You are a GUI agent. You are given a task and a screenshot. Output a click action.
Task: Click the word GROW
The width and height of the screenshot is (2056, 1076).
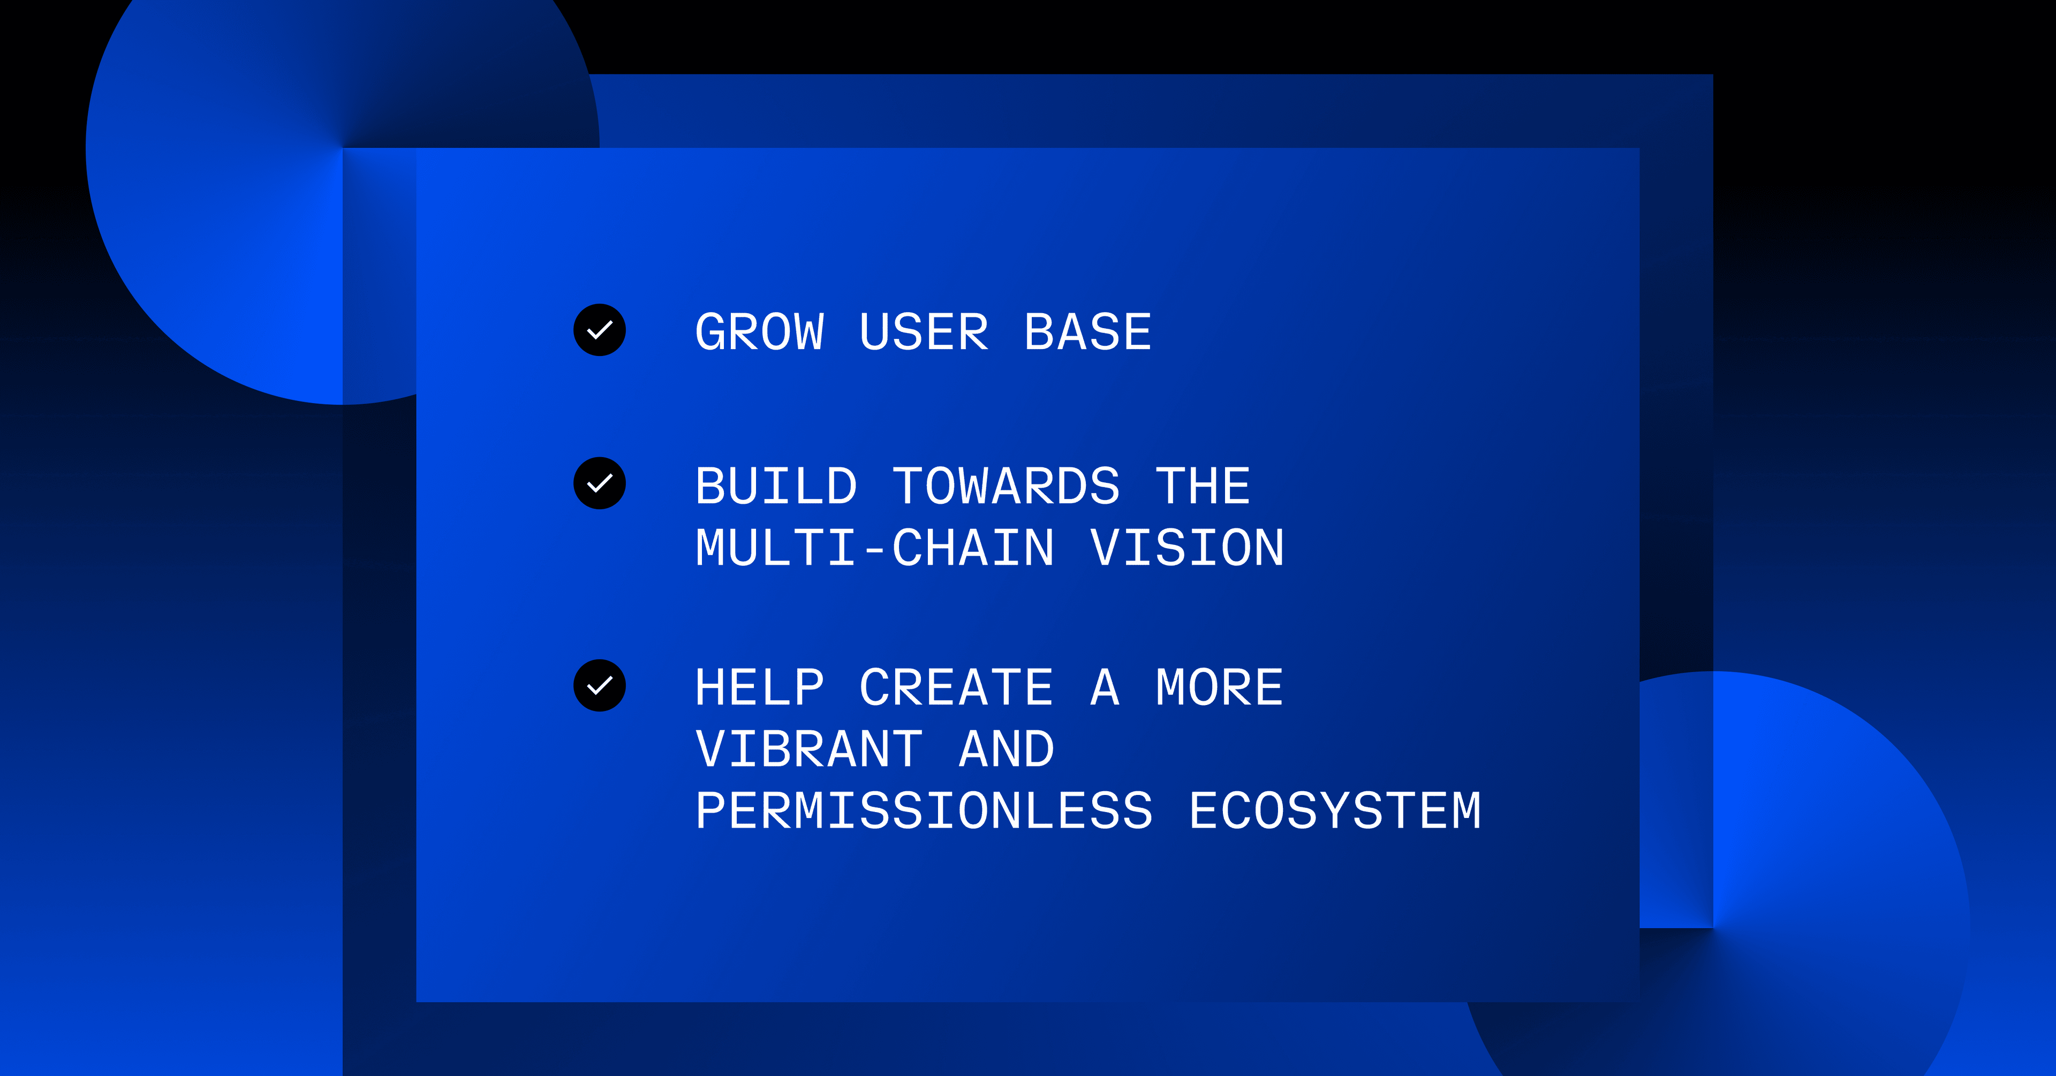760,332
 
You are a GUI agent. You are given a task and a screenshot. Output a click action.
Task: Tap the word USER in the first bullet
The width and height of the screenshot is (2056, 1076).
924,332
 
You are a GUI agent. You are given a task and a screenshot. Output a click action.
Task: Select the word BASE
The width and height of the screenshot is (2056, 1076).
1088,332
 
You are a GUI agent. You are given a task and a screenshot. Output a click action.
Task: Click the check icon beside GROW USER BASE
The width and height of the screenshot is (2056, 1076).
600,330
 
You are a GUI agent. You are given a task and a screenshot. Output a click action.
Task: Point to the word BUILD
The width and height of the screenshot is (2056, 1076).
776,486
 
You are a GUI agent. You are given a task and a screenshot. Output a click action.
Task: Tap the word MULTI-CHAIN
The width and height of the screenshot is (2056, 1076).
875,548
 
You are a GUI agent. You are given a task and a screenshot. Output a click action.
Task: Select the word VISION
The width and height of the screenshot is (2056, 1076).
1188,548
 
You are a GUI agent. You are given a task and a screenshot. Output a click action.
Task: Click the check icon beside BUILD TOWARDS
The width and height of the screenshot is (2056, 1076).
600,483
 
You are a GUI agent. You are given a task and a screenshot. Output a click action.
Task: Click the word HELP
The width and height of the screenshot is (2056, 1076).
760,687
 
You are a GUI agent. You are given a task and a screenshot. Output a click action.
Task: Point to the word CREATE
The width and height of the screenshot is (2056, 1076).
956,687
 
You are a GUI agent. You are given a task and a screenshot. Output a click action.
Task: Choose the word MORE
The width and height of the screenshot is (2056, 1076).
1220,687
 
